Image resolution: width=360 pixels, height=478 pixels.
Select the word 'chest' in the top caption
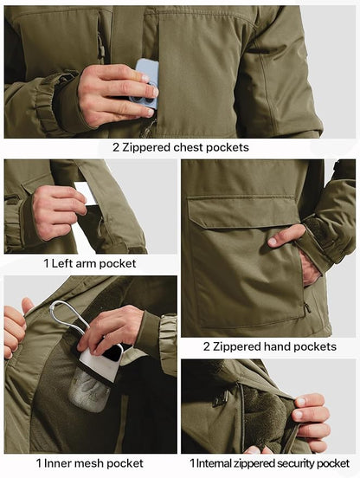pos(183,147)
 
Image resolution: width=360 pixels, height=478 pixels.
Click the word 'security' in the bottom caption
pos(294,463)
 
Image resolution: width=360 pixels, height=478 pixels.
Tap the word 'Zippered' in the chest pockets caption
pos(145,147)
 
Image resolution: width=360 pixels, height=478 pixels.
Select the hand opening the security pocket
pos(311,420)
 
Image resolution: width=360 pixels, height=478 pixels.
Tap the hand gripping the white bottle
pos(112,329)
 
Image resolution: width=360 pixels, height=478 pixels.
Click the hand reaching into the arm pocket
pos(57,210)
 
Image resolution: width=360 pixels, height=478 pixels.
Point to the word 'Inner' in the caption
pos(57,463)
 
